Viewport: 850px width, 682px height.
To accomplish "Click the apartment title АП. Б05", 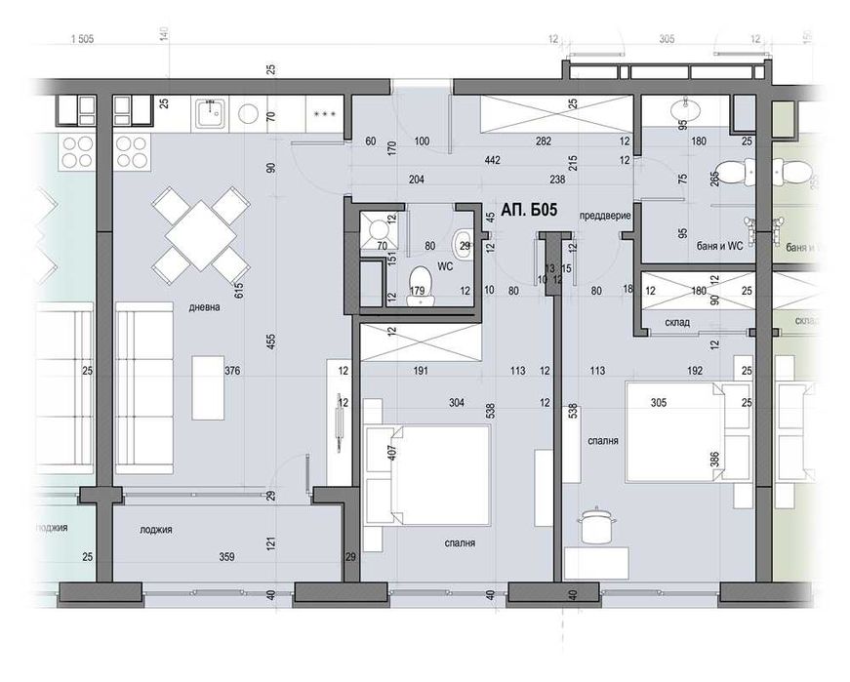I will coord(529,209).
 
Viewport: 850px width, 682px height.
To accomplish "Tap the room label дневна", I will coord(205,306).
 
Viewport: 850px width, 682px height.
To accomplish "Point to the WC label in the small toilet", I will coord(444,264).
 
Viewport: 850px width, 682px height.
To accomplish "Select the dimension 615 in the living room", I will coord(237,289).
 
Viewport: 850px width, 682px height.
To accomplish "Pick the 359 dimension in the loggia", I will coord(226,559).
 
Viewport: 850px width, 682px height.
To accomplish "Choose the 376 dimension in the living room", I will coord(231,371).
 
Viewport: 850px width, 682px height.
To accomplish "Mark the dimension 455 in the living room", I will coord(270,341).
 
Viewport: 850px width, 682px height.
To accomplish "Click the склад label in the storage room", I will coord(677,322).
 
